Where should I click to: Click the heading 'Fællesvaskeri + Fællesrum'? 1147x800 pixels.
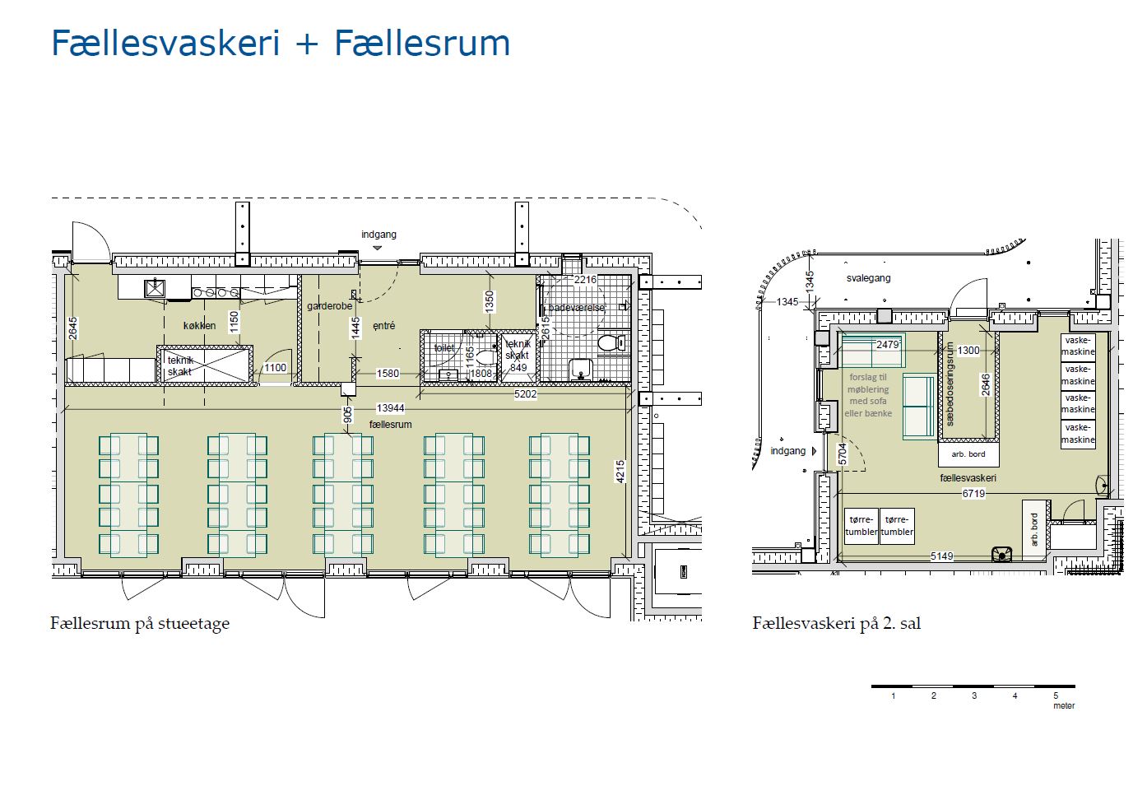(x=281, y=44)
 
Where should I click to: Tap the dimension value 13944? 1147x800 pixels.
(x=390, y=408)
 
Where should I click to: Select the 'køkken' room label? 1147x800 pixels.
(x=199, y=326)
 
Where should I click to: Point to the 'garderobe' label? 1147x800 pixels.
(x=329, y=306)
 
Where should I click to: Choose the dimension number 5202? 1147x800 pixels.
(x=525, y=394)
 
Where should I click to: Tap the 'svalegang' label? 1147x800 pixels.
(x=868, y=278)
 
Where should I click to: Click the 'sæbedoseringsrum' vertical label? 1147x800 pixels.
(x=950, y=384)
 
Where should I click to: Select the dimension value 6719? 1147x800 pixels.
(x=973, y=494)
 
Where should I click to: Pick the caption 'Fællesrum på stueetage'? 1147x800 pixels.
(x=140, y=624)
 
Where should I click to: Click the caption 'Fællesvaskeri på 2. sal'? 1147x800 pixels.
(x=836, y=624)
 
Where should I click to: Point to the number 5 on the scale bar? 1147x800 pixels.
(x=1056, y=696)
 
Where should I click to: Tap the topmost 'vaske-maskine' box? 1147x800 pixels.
(x=1078, y=346)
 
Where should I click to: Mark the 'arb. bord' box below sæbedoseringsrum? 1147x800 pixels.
(x=968, y=454)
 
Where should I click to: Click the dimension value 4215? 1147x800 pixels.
(x=620, y=472)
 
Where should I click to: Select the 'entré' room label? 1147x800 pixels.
(x=383, y=326)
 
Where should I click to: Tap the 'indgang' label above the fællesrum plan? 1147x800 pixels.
(x=378, y=235)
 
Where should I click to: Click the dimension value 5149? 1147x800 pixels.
(x=941, y=556)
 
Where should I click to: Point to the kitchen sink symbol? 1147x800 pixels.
(x=155, y=288)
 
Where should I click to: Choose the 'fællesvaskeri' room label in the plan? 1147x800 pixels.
(x=968, y=478)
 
